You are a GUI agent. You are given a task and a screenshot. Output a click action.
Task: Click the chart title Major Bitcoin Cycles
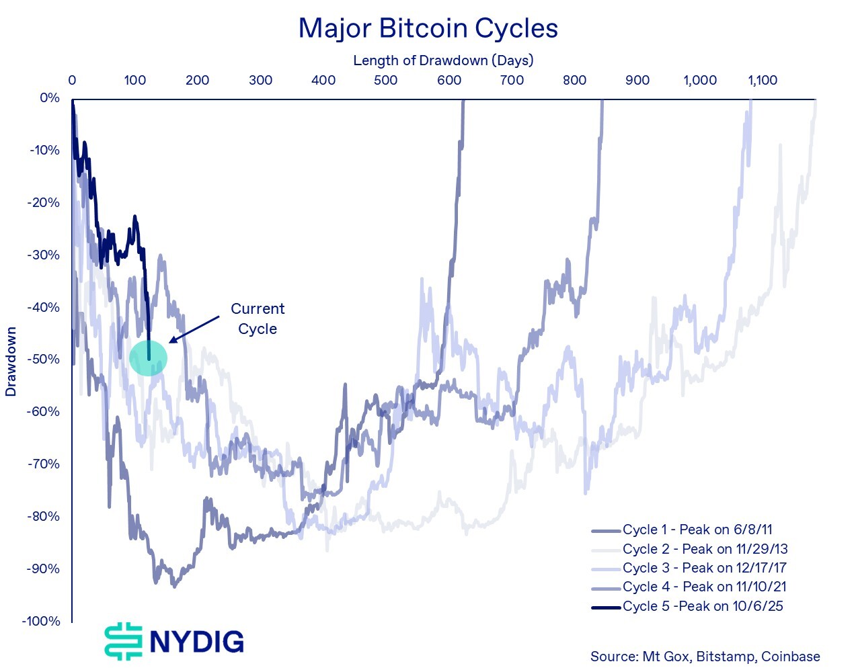pos(428,28)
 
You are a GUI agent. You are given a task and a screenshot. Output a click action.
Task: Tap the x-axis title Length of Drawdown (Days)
pos(443,60)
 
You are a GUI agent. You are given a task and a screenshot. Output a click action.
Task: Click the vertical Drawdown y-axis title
pos(11,362)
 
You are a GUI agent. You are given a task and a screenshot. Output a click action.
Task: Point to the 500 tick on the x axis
pos(386,81)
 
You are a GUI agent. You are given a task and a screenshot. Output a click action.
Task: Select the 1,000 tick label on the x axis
pos(700,81)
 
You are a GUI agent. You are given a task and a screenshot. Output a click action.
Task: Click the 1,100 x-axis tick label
pos(763,81)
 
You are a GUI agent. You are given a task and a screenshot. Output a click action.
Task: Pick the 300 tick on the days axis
pos(260,81)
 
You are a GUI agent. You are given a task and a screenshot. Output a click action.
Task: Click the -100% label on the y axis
pos(41,621)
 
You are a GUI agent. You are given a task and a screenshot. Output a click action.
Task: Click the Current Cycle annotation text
pos(258,319)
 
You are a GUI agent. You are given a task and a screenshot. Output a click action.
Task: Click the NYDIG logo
pos(174,640)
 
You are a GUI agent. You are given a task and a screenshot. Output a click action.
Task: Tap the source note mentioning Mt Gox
pos(705,657)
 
